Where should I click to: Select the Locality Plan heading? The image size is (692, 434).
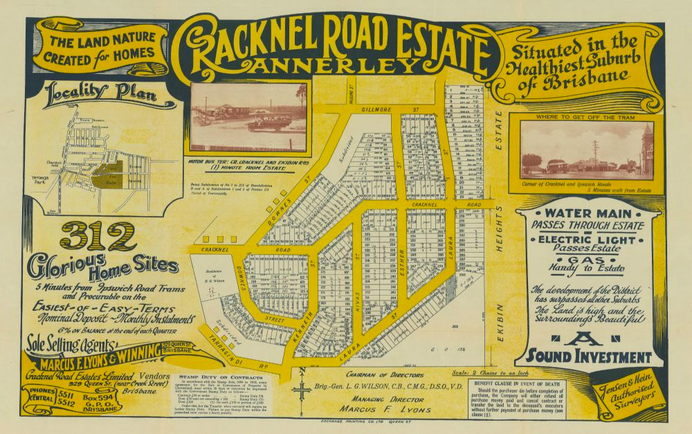coord(100,96)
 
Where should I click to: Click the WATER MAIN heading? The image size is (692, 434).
coord(588,213)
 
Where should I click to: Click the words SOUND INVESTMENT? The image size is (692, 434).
coord(589,356)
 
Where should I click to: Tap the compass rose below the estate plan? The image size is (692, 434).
coord(302,390)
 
